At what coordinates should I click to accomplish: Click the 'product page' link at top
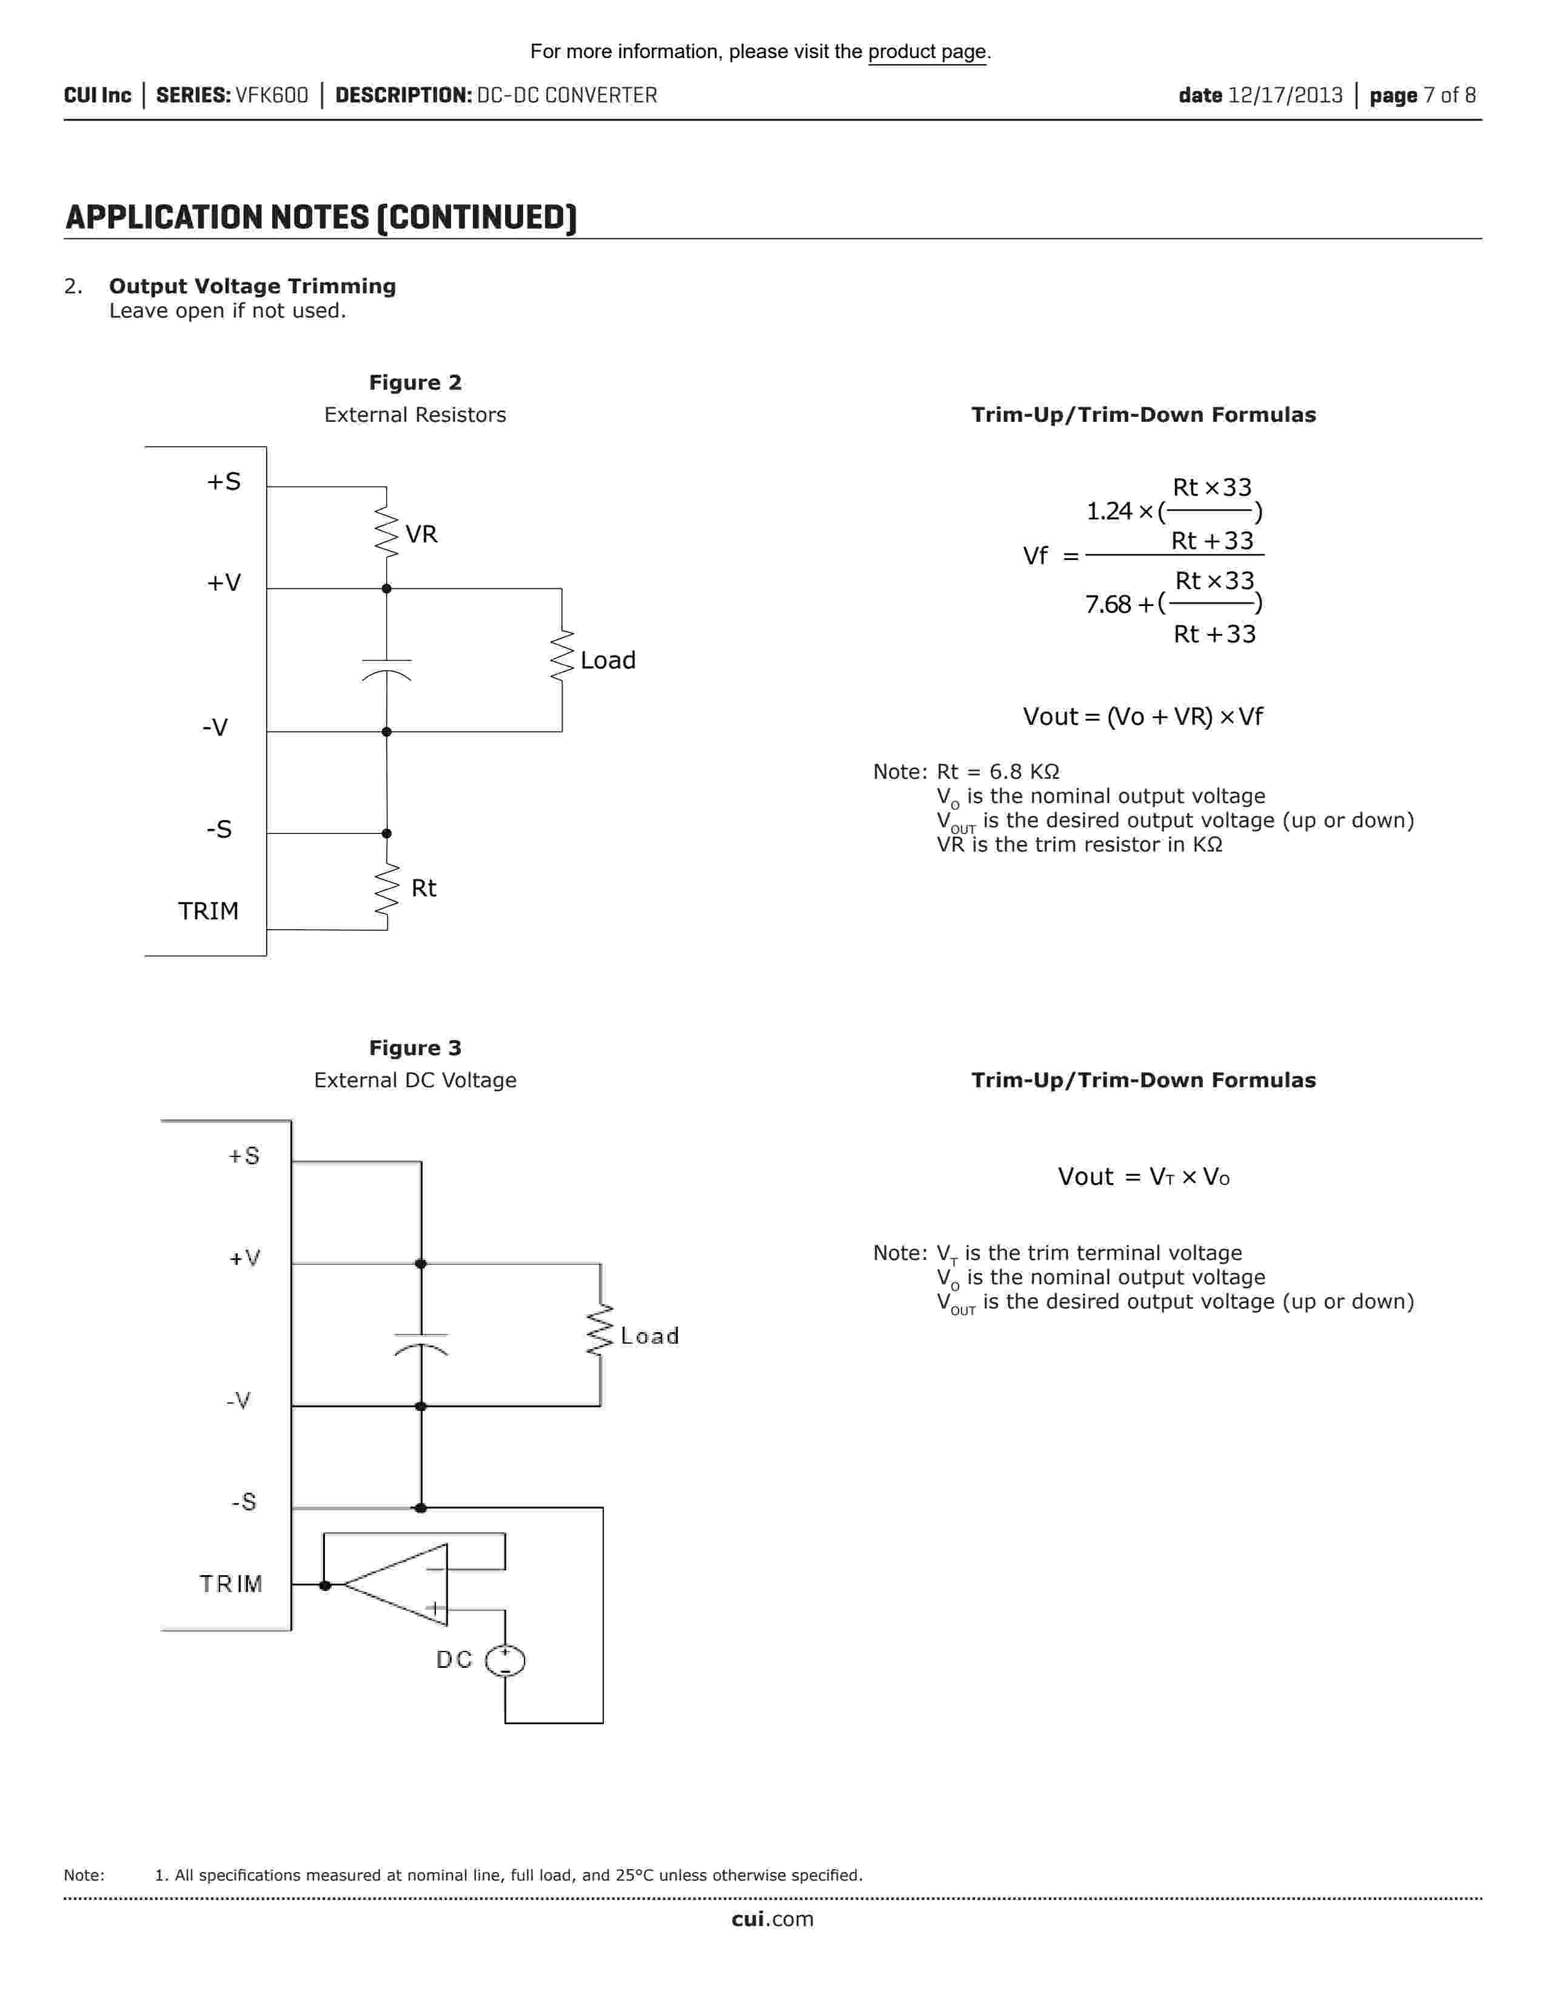point(927,52)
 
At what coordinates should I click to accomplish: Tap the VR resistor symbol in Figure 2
point(387,534)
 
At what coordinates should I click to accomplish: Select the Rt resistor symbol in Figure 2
point(387,888)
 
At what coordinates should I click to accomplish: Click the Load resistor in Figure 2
point(561,656)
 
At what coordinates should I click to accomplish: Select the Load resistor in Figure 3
point(600,1330)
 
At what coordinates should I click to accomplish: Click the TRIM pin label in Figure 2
point(208,911)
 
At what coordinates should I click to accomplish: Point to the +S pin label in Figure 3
point(244,1156)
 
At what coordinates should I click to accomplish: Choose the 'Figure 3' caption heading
point(415,1048)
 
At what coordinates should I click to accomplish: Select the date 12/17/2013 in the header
point(1284,95)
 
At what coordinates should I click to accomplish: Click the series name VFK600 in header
point(272,95)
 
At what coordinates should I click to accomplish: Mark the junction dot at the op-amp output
point(324,1585)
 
